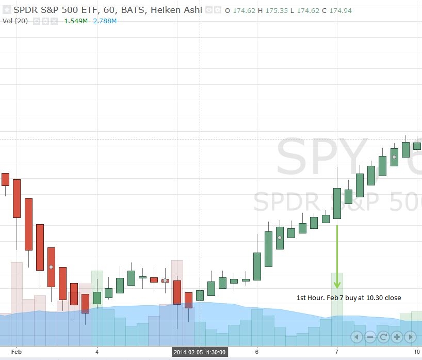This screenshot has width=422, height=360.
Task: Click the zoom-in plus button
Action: pyautogui.click(x=397, y=337)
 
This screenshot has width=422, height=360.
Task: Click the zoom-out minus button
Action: pyautogui.click(x=370, y=337)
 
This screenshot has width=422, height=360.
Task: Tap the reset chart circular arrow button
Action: pyautogui.click(x=383, y=337)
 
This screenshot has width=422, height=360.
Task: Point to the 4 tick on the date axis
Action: pyautogui.click(x=97, y=351)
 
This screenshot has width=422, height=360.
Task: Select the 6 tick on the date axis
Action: pyautogui.click(x=256, y=351)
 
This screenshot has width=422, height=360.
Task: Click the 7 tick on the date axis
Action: pyautogui.click(x=336, y=351)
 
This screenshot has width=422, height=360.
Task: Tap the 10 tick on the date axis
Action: pyautogui.click(x=416, y=351)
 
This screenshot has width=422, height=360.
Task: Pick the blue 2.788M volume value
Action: pyautogui.click(x=105, y=21)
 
